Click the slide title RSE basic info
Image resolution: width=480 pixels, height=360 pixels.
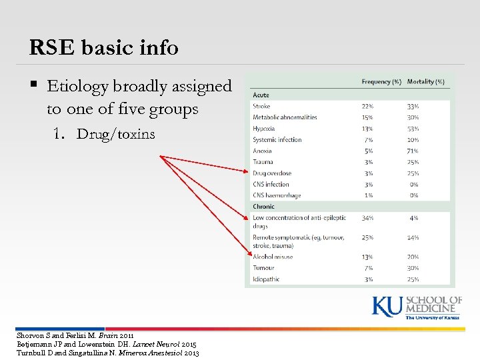104,47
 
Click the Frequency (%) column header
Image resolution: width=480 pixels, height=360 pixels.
381,82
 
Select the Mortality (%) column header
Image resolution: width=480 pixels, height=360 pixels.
425,82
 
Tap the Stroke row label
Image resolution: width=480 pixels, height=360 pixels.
261,106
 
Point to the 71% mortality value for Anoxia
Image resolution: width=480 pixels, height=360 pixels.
413,151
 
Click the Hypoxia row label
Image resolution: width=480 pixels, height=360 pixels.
264,129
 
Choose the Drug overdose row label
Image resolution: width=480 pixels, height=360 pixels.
272,173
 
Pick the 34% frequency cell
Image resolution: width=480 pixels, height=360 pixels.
367,218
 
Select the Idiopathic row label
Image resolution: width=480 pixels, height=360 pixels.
266,279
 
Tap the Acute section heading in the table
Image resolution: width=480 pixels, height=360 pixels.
261,95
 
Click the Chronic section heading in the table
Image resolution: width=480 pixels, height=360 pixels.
263,207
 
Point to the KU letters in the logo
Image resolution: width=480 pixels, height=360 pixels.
387,306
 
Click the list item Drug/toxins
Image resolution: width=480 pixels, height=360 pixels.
115,134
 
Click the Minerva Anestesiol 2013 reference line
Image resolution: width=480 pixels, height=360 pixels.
107,353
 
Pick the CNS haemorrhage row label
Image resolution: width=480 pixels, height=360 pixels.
277,195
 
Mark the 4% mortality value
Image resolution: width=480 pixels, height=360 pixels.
414,218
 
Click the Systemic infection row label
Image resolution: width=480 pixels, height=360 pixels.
277,140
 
